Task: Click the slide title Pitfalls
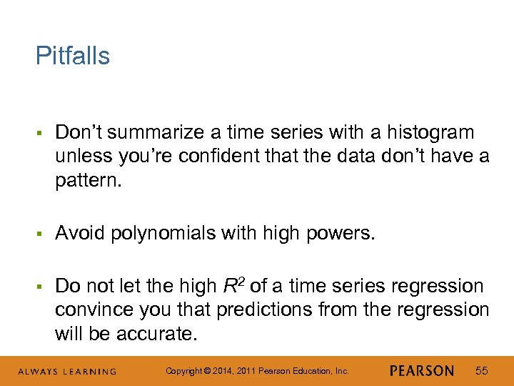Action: click(x=73, y=56)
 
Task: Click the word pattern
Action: click(x=89, y=179)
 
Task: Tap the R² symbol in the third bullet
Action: click(x=235, y=286)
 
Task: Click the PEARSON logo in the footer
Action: click(x=422, y=370)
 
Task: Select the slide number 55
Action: click(x=481, y=370)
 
